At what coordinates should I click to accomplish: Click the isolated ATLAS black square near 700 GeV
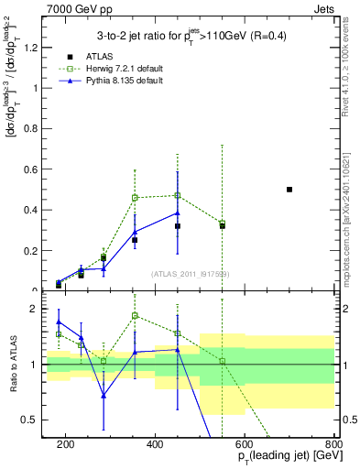pos(289,190)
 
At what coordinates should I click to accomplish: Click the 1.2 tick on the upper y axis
pos(34,48)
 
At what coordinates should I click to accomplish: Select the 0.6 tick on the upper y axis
pos(34,169)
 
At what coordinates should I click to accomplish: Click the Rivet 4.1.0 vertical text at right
pos(351,64)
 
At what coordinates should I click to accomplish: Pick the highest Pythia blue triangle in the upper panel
pos(178,213)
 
